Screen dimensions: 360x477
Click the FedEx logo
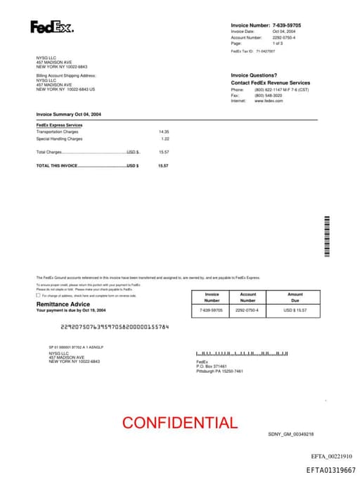click(x=51, y=27)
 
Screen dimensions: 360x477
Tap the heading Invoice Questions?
click(x=254, y=75)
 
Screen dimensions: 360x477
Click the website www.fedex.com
click(x=269, y=101)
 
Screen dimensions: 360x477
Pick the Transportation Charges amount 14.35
click(x=164, y=132)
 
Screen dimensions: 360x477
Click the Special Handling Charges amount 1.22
click(x=165, y=139)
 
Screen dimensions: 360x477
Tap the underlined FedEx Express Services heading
click(x=59, y=125)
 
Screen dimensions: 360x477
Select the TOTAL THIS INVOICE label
click(x=56, y=165)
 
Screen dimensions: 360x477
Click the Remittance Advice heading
click(x=63, y=304)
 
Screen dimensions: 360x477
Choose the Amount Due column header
click(x=295, y=298)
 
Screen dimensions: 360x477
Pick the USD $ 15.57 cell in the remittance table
click(x=295, y=310)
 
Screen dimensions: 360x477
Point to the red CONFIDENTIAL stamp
click(x=180, y=423)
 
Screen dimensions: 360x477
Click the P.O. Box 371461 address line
click(x=212, y=367)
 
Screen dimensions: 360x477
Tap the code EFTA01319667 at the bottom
click(x=330, y=469)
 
